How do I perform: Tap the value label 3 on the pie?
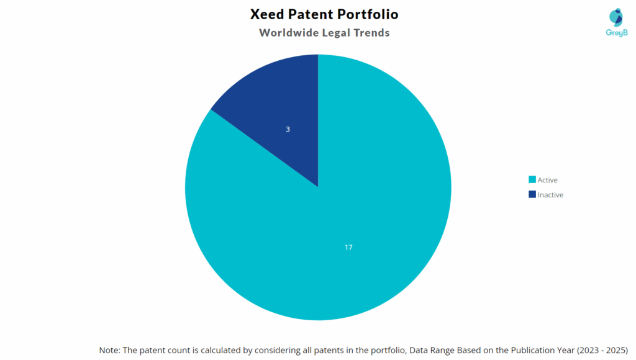[288, 129]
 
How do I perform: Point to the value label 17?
[348, 247]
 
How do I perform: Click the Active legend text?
[548, 180]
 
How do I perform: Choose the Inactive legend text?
[550, 195]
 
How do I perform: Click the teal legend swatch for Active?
[532, 180]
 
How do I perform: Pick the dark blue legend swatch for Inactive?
[532, 195]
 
